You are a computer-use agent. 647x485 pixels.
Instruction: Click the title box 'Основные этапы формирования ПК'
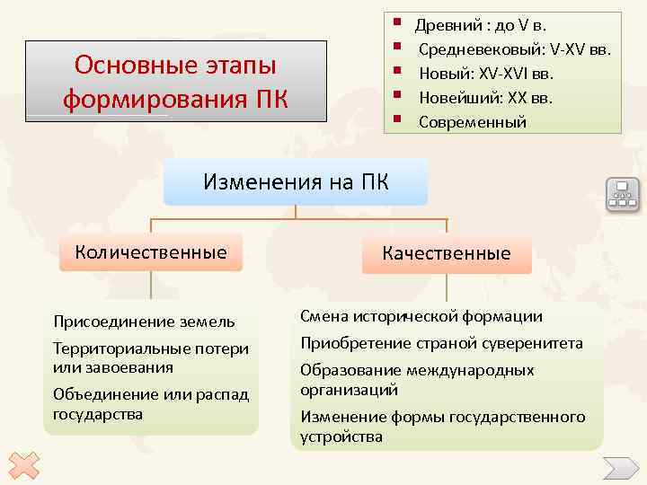point(176,82)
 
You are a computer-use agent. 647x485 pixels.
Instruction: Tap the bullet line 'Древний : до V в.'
point(486,24)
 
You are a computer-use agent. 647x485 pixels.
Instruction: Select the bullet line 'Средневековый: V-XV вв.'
point(514,48)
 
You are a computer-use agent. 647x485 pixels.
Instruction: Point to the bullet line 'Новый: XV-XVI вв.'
point(486,73)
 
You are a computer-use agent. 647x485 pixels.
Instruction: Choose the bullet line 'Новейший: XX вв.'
point(485,97)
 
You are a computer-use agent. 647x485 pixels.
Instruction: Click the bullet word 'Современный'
point(473,122)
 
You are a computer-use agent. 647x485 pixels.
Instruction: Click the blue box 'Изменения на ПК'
point(296,182)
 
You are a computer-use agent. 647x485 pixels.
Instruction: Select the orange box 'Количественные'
point(151,251)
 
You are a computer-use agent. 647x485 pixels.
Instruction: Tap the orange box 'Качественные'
point(446,253)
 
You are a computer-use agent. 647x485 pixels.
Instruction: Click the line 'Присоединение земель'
point(145,321)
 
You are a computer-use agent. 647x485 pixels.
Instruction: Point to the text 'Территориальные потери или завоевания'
point(150,357)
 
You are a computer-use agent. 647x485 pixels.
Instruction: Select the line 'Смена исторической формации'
point(421,316)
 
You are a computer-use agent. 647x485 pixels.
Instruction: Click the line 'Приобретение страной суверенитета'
point(441,343)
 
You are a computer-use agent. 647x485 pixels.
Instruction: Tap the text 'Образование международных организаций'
point(417,380)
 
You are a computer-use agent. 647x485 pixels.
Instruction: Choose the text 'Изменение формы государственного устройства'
point(442,427)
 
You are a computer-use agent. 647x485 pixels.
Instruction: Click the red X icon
point(26,464)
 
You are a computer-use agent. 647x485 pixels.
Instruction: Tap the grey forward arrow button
point(620,468)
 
